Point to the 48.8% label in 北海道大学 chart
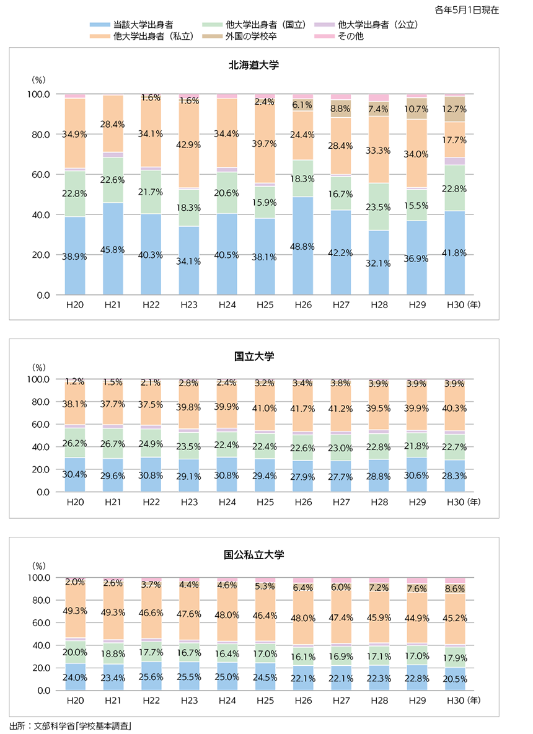point(303,245)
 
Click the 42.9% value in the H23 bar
point(189,144)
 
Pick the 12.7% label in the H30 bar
point(455,109)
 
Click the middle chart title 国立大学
point(254,356)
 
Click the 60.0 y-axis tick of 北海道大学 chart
point(39,175)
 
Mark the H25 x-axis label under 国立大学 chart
point(265,501)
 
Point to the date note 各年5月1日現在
point(475,10)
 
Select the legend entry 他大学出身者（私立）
point(154,37)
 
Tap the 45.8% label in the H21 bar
point(113,250)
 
